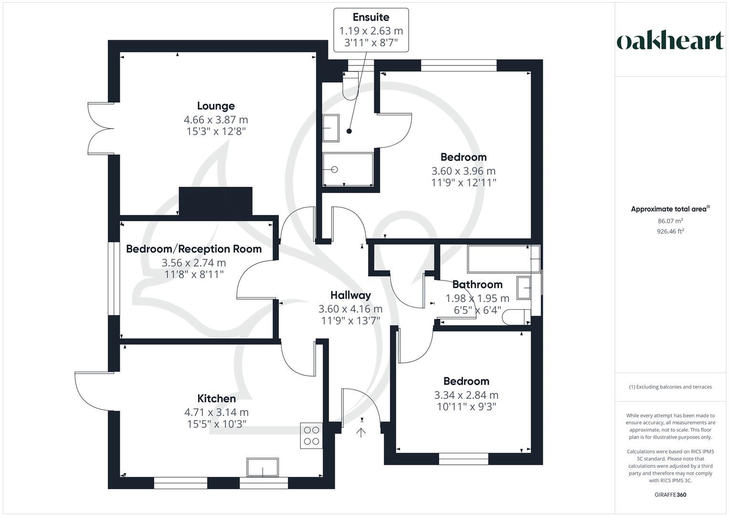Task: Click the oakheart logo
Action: click(x=670, y=41)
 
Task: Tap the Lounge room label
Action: click(x=216, y=106)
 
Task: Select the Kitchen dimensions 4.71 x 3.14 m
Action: click(x=216, y=412)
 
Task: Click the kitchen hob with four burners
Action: click(x=311, y=436)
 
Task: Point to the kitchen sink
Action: click(x=262, y=467)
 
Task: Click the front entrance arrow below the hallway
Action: click(x=361, y=432)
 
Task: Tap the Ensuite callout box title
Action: click(x=371, y=17)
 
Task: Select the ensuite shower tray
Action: click(x=348, y=169)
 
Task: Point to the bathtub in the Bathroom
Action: click(x=503, y=259)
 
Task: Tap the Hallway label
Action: click(x=350, y=295)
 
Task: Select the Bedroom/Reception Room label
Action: click(x=193, y=249)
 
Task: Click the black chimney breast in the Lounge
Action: click(x=215, y=201)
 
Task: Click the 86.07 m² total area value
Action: click(x=670, y=221)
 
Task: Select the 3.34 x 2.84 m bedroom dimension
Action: click(x=466, y=395)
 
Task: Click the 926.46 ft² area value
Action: click(x=670, y=231)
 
